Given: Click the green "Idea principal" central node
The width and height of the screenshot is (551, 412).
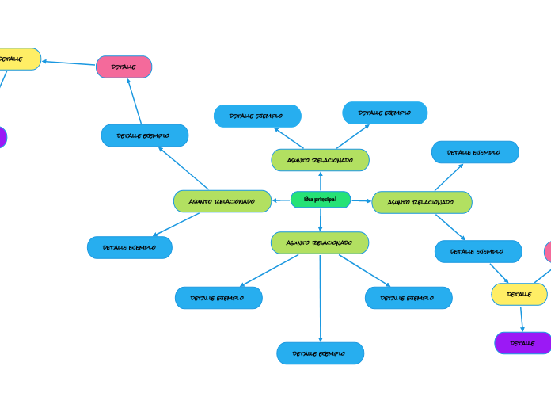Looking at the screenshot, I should (321, 200).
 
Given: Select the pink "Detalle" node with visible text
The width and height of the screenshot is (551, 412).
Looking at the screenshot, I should (123, 67).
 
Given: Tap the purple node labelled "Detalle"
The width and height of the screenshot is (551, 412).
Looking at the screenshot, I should (522, 343).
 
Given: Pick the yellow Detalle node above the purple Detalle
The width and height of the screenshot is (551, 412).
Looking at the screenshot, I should (519, 294).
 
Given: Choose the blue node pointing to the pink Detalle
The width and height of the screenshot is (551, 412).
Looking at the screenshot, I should (145, 135).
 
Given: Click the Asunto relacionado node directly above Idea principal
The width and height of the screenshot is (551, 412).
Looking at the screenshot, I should (320, 160).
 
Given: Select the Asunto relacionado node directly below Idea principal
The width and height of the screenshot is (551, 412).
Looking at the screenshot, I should (320, 242).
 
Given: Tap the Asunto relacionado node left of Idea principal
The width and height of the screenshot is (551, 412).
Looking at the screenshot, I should (222, 201).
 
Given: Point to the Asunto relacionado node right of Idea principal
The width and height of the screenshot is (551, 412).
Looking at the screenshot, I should (422, 202).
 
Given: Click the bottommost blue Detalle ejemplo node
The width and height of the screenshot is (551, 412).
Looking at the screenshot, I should (321, 353).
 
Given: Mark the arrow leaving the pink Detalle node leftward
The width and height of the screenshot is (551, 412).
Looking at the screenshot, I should (69, 63).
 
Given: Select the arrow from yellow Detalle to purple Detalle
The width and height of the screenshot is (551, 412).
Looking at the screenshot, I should (522, 319).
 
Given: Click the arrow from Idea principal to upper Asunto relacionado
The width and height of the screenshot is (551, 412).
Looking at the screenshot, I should (321, 181).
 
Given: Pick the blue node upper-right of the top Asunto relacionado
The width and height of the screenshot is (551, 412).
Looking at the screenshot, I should (385, 113).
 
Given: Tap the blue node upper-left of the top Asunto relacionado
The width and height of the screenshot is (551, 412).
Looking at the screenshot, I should (257, 116).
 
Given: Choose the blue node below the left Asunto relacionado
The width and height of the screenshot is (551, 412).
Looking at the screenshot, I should (130, 247).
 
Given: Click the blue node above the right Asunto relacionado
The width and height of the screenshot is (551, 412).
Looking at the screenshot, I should (475, 152).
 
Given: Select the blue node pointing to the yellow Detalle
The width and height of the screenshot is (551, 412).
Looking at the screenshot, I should (478, 251).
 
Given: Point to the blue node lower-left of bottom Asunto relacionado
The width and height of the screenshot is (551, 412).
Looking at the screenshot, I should (218, 298).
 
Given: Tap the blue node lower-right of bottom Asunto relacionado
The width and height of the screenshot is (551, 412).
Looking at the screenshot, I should (408, 298).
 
